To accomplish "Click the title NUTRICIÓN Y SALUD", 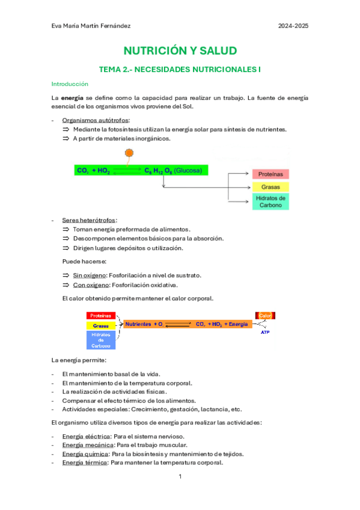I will [x=180, y=51].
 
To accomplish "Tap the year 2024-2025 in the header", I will [x=293, y=26].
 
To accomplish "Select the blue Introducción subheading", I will [x=70, y=84].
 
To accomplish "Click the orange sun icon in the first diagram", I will [x=129, y=154].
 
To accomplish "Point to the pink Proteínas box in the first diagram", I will [x=270, y=174].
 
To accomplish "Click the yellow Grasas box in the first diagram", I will [x=270, y=187].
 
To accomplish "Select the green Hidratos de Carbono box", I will [x=270, y=201].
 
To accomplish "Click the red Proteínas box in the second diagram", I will [x=100, y=315].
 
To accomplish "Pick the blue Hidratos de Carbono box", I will [x=100, y=340].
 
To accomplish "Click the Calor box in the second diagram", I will [x=266, y=315].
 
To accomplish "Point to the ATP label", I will [x=265, y=332].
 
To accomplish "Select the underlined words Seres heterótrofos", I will [x=90, y=220].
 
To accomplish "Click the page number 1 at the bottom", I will [x=180, y=476].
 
